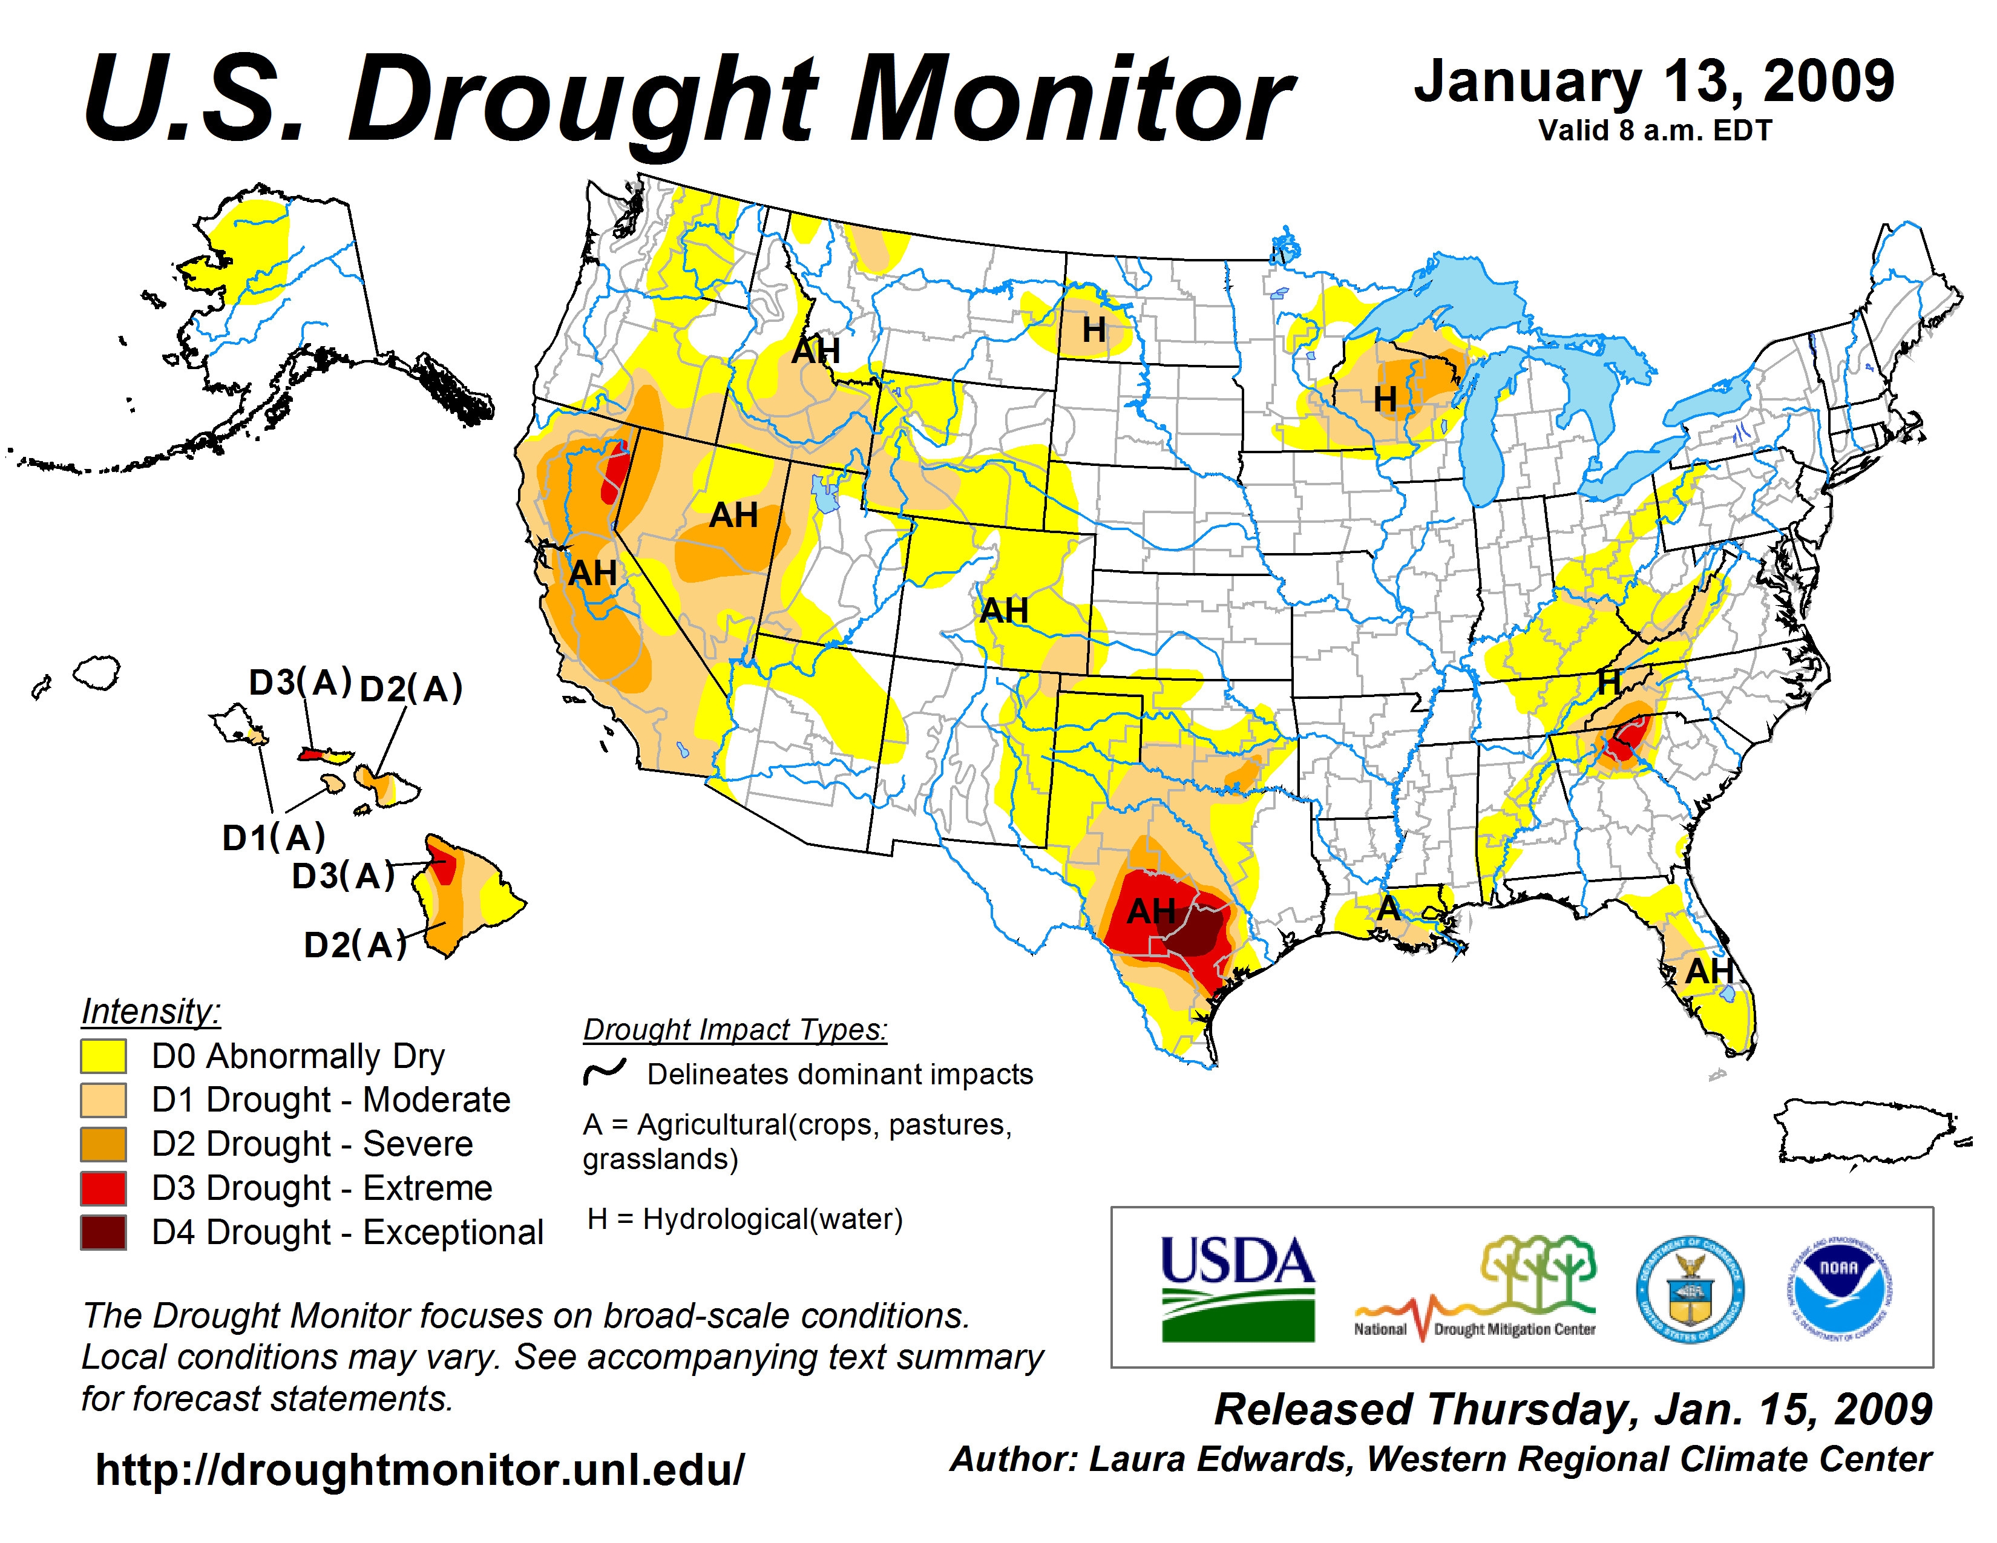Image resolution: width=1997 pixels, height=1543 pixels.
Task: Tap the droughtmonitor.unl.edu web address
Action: coord(420,1470)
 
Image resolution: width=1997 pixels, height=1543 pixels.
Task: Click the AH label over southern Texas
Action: coord(1150,911)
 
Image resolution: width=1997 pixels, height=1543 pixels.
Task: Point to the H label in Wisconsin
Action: coord(1385,399)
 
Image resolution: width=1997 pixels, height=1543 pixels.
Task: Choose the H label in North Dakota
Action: coord(1094,330)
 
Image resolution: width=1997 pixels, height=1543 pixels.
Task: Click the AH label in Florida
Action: coord(1708,971)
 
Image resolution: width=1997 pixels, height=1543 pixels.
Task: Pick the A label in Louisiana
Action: coord(1388,908)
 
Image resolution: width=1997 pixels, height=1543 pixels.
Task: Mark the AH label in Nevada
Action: coord(733,516)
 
